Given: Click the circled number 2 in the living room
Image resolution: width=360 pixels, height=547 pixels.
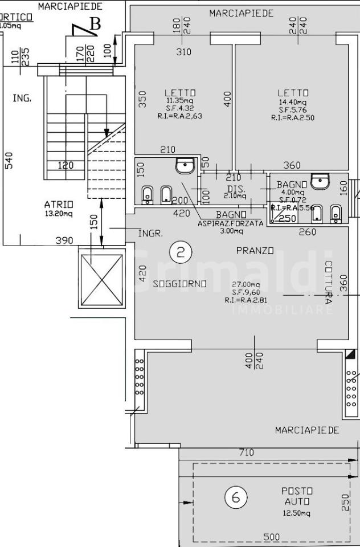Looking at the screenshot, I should click(x=181, y=252).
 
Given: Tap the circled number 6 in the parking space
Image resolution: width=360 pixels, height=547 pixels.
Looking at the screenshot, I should click(x=236, y=497).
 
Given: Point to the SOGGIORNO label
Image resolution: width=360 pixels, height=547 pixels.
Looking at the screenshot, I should click(x=179, y=284).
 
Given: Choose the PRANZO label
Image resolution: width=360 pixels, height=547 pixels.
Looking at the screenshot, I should click(x=255, y=251).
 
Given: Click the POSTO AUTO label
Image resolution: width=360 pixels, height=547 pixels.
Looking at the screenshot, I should click(x=298, y=496).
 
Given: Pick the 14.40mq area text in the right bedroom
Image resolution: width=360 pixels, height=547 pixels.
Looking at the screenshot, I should click(x=293, y=102).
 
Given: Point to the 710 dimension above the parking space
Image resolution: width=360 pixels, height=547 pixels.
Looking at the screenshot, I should click(x=246, y=453).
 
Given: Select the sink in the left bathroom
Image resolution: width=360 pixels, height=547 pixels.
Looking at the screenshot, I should click(x=186, y=166).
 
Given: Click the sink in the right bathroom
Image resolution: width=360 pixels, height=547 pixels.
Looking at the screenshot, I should click(x=321, y=182).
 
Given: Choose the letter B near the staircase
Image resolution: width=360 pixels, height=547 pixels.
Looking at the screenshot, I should click(x=95, y=24).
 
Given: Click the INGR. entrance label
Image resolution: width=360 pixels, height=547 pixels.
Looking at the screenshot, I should click(x=151, y=234).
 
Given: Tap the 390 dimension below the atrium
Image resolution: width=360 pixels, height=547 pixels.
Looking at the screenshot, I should click(x=64, y=240).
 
